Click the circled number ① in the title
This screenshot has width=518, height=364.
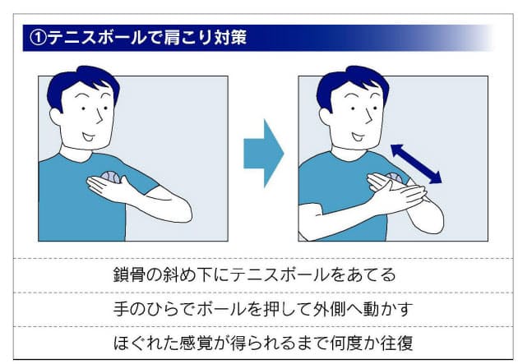(x=38, y=38)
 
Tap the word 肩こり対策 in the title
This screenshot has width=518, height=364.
(x=185, y=38)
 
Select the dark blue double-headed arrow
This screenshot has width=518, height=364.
(x=415, y=163)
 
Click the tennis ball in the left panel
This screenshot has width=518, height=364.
(x=111, y=176)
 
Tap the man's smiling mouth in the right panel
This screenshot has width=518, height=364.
(x=357, y=136)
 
